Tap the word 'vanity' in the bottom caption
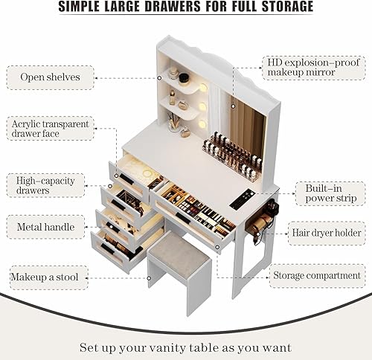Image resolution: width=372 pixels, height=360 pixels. coord(199,347)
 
